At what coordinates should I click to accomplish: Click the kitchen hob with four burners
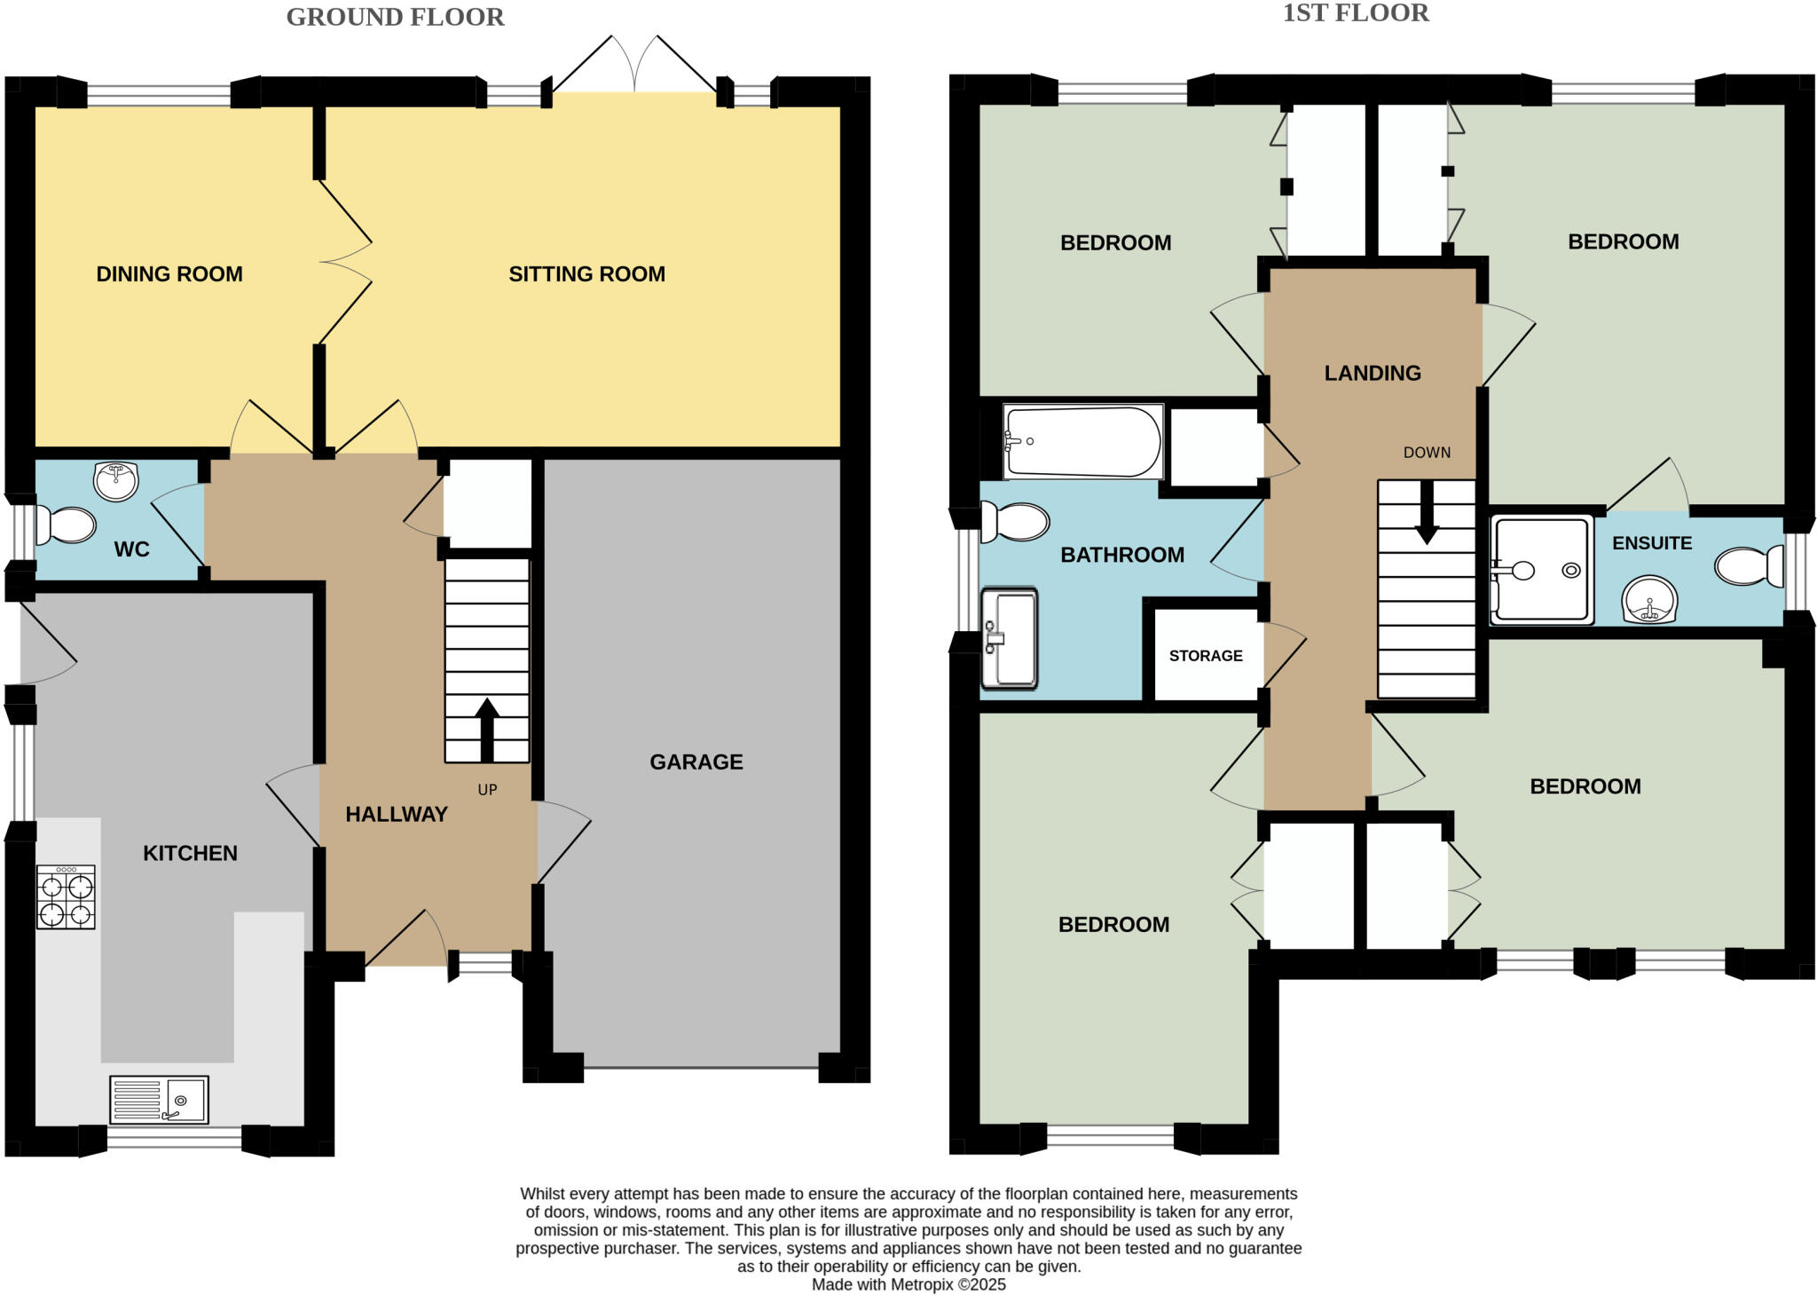(66, 897)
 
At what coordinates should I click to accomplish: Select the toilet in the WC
(67, 525)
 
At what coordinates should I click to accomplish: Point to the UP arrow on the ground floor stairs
(486, 730)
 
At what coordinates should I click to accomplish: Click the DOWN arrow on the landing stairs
(1427, 512)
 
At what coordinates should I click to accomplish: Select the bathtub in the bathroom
(1082, 442)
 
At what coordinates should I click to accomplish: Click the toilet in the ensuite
(1749, 566)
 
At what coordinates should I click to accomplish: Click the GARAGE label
(696, 762)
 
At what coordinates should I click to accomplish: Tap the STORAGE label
(1205, 656)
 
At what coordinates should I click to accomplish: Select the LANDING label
(1372, 373)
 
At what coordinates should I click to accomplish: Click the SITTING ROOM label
(586, 274)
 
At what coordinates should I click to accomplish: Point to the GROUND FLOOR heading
(395, 17)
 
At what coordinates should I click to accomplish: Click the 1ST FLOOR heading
(1356, 13)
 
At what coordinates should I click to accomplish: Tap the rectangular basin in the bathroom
(1010, 637)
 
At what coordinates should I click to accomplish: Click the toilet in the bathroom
(1015, 522)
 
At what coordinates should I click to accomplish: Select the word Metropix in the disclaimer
(922, 1284)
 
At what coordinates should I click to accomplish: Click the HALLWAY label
(396, 814)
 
